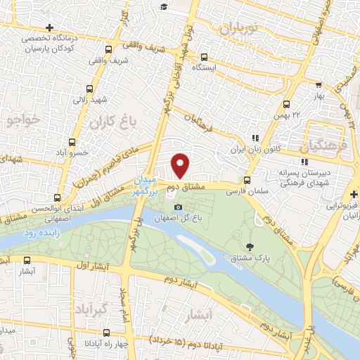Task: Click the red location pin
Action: point(181,165)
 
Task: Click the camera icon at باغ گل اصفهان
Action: point(179,207)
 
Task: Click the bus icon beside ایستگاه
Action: point(204,58)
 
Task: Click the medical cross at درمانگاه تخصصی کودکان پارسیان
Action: point(49,27)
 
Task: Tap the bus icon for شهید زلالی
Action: point(89,89)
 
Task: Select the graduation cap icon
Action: point(163,6)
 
